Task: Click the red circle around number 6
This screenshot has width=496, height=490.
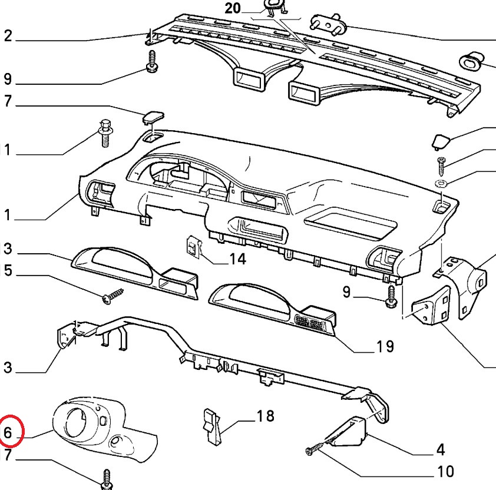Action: [12, 429]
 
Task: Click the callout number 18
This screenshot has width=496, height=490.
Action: [265, 416]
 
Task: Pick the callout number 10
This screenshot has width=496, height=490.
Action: [445, 471]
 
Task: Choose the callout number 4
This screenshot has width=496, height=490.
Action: [440, 451]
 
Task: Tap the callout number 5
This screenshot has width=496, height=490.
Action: [8, 272]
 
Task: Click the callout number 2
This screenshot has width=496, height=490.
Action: [8, 36]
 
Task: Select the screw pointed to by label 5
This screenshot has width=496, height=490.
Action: [113, 296]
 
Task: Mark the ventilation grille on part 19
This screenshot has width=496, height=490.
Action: [309, 323]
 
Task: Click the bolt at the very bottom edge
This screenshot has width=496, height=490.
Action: [107, 479]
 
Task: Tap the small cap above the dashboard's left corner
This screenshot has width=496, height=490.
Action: [152, 117]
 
